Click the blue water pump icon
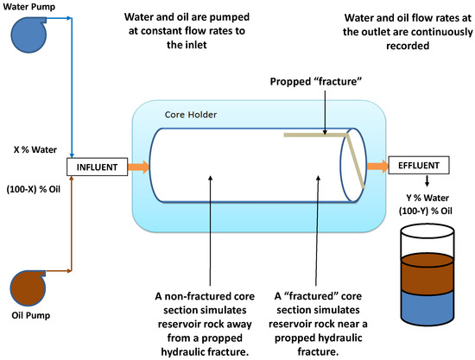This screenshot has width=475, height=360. click(28, 35)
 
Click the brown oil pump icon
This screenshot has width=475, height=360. click(28, 288)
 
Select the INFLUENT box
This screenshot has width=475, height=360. click(97, 167)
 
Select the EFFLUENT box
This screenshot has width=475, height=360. click(419, 165)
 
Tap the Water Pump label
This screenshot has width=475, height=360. click(29, 7)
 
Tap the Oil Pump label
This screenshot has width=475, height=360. click(30, 315)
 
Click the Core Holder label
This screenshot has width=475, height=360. click(191, 115)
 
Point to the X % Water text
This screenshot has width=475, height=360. click(35, 149)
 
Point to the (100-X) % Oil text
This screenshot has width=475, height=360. click(34, 189)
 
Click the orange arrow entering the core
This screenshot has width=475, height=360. click(139, 167)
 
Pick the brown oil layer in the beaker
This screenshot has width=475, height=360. click(427, 274)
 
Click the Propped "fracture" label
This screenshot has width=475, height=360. click(316, 81)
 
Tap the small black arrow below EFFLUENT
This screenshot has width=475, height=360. click(427, 181)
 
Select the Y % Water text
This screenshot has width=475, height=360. click(427, 198)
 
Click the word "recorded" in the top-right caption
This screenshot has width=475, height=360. click(408, 46)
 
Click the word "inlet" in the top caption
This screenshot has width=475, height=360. click(196, 45)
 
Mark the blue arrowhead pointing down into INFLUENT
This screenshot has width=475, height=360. click(72, 155)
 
